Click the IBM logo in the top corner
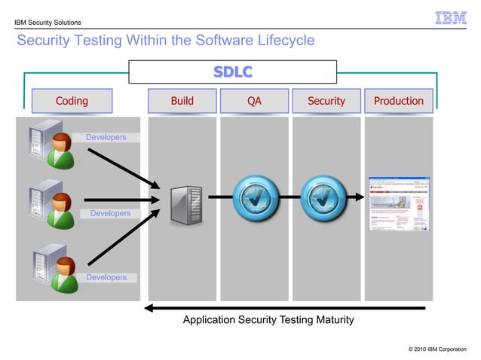click(x=450, y=17)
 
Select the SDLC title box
click(x=232, y=72)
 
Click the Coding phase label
click(x=72, y=101)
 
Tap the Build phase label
click(x=182, y=101)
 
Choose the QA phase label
click(x=254, y=101)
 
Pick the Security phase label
click(x=326, y=101)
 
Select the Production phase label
click(x=398, y=101)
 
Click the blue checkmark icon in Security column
click(x=323, y=197)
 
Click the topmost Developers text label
click(x=106, y=138)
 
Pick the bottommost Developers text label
click(x=106, y=277)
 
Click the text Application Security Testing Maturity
click(x=268, y=320)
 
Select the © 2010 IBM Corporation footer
click(x=437, y=349)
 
